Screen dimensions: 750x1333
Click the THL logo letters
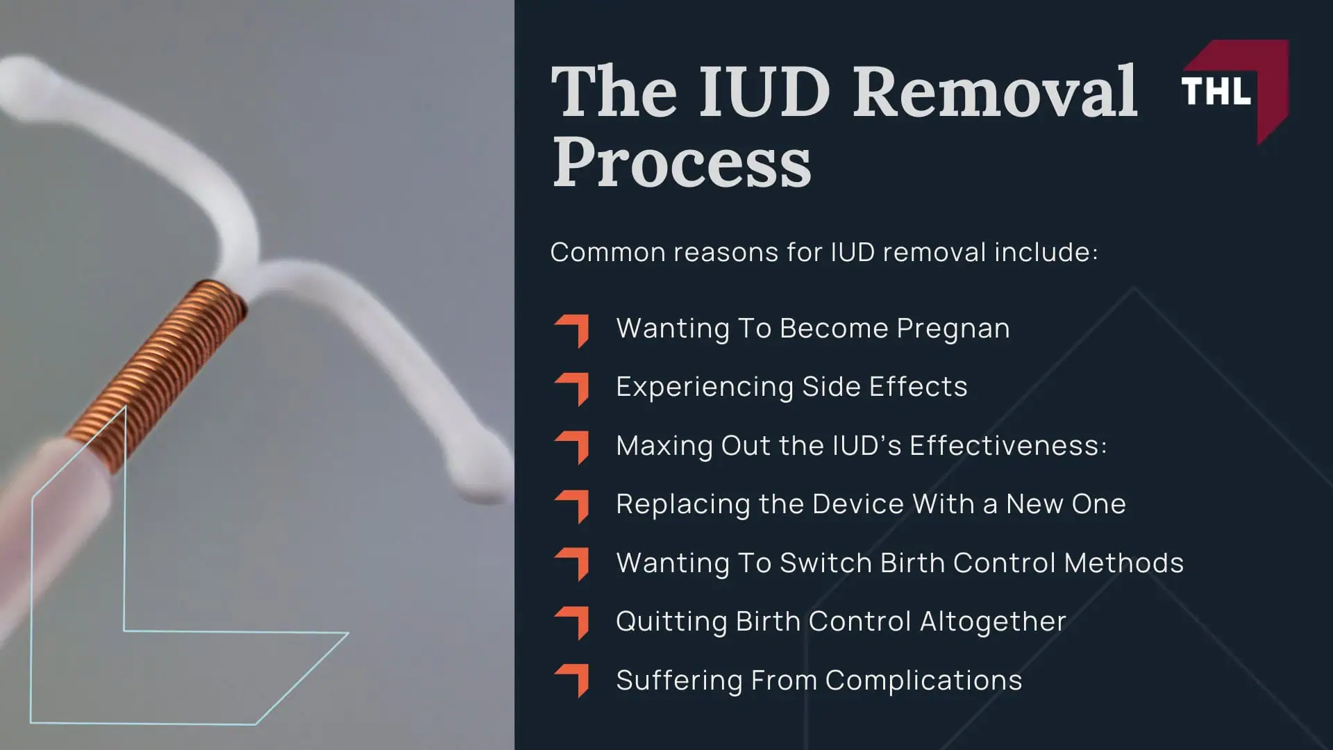coord(1216,91)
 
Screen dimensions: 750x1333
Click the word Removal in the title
coord(995,92)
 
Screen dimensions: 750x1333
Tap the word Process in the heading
coord(681,163)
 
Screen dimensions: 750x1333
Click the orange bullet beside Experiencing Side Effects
coord(573,388)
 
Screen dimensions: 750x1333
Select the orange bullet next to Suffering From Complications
coord(573,680)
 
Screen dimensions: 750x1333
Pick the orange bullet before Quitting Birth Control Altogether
coord(573,622)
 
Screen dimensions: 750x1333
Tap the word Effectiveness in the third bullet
coord(1007,446)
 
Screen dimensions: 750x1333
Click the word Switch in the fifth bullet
coord(825,563)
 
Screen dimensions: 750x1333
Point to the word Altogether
coord(993,622)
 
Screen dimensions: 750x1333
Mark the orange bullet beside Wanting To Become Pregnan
coord(573,330)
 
